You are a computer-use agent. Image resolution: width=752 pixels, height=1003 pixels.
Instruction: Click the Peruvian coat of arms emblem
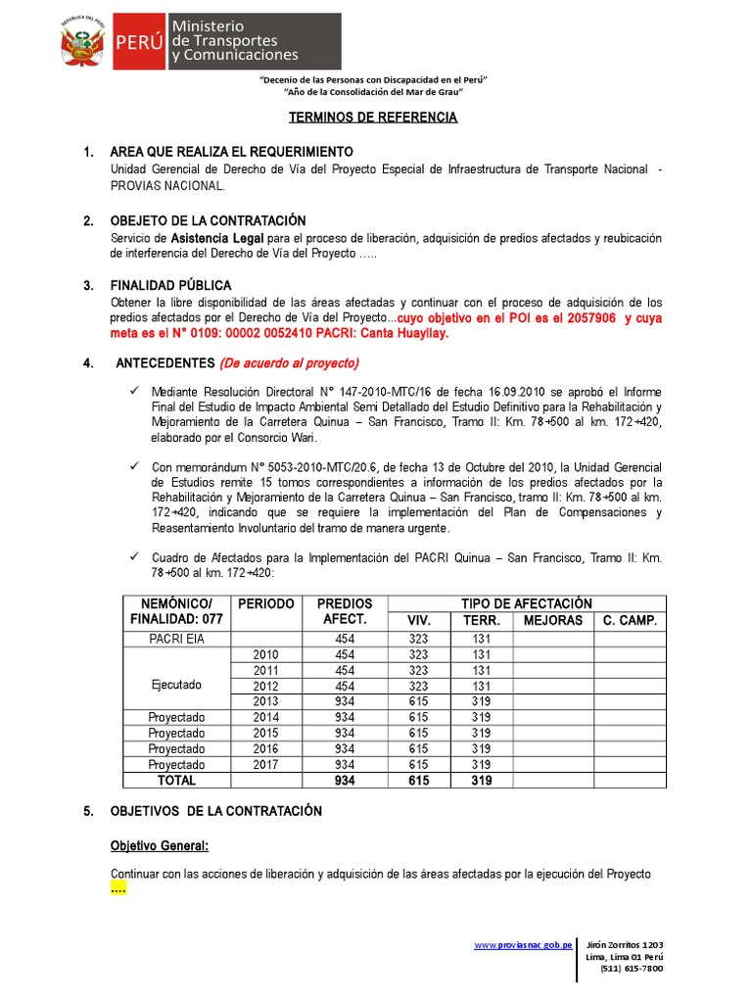coord(82,42)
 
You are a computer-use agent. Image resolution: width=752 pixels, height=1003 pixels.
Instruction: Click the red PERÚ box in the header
coord(139,42)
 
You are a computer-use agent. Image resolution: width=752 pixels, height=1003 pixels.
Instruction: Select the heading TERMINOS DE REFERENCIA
coord(373,117)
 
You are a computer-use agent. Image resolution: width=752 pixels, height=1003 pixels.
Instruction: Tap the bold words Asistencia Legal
coord(210,238)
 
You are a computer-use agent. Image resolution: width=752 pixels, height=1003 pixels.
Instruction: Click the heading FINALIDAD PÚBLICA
coord(170,285)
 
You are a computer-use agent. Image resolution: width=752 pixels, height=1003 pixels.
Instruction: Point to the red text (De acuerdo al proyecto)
coord(290,362)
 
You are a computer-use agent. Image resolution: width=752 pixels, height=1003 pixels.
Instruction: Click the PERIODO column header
coord(265,604)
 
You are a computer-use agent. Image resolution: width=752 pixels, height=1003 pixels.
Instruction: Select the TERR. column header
coord(481,620)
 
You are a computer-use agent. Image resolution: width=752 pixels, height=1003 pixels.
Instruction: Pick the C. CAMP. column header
coord(630,620)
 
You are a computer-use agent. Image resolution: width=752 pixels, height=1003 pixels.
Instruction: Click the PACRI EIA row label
coord(176,639)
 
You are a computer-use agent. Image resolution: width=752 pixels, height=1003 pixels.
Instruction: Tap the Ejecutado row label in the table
coord(176,686)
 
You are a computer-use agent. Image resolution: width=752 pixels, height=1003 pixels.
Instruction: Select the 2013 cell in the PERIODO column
coord(265,701)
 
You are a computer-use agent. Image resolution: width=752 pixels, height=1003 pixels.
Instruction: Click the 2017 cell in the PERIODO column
coord(265,764)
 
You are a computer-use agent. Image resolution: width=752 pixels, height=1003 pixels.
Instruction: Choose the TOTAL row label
coord(176,781)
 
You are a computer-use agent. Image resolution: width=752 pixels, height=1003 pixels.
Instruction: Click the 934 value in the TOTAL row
coord(345,781)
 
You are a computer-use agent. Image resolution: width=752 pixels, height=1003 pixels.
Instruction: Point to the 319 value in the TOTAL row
coord(481,781)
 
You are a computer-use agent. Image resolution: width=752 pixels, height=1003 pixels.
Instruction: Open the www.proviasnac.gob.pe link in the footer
coord(523,944)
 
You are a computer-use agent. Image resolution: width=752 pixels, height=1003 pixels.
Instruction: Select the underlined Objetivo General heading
coord(159,845)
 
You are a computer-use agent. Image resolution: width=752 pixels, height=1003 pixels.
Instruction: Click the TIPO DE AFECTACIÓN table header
coord(540,604)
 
